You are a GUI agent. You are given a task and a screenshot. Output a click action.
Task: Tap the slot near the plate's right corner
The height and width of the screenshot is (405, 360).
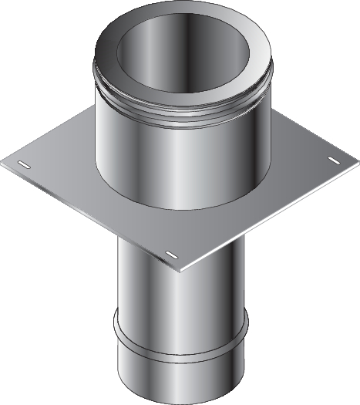click(335, 160)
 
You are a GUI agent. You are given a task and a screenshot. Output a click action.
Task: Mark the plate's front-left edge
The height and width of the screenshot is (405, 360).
click(93, 217)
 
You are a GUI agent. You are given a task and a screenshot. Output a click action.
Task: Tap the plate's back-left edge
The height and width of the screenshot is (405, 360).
click(46, 139)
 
